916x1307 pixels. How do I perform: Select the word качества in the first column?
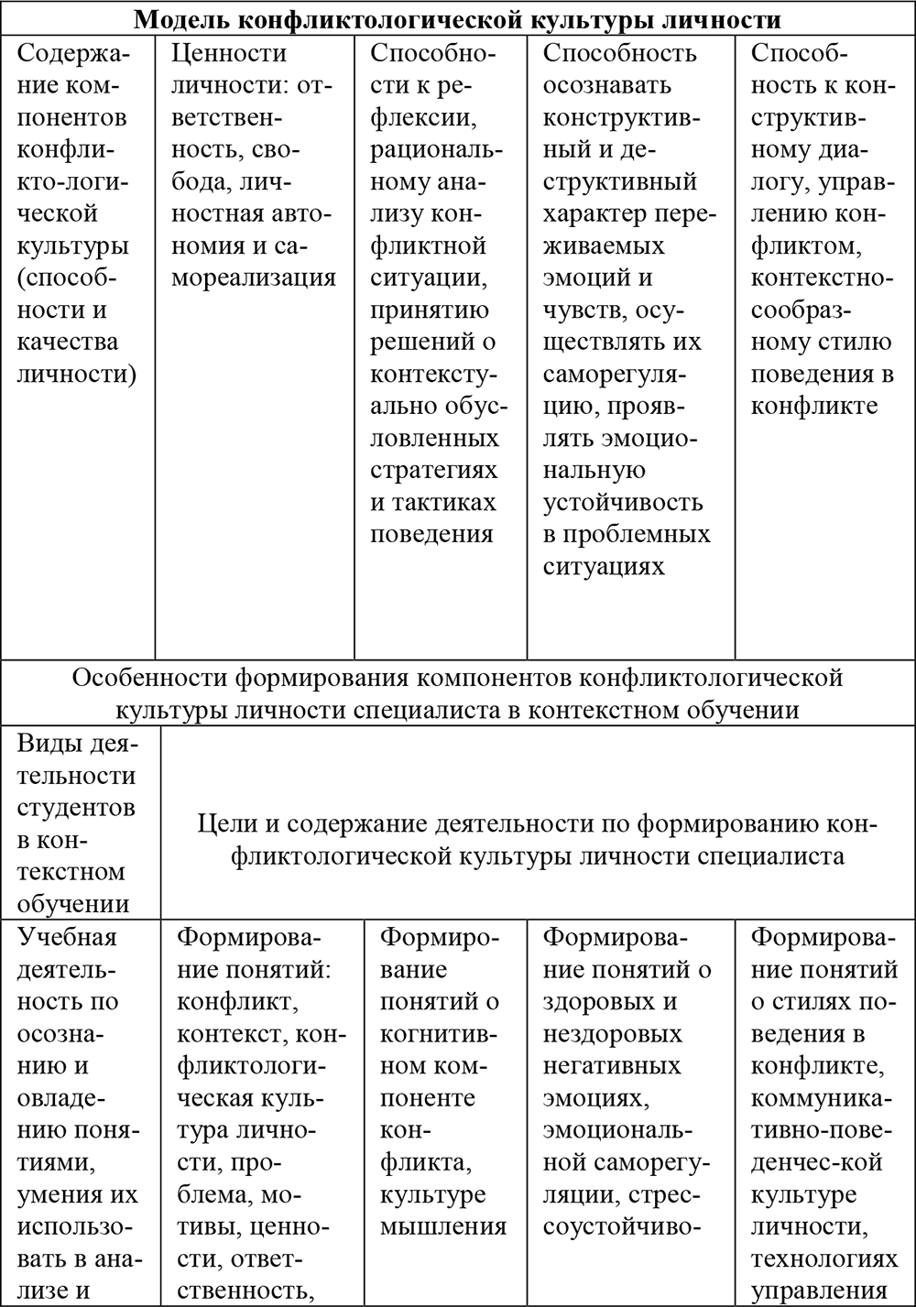click(x=68, y=342)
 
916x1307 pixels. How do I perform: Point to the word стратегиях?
click(x=433, y=470)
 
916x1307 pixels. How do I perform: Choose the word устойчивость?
click(x=623, y=502)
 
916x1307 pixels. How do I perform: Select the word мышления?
click(x=443, y=1225)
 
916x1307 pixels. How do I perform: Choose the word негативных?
click(x=612, y=1065)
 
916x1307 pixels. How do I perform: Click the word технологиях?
click(x=824, y=1258)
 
